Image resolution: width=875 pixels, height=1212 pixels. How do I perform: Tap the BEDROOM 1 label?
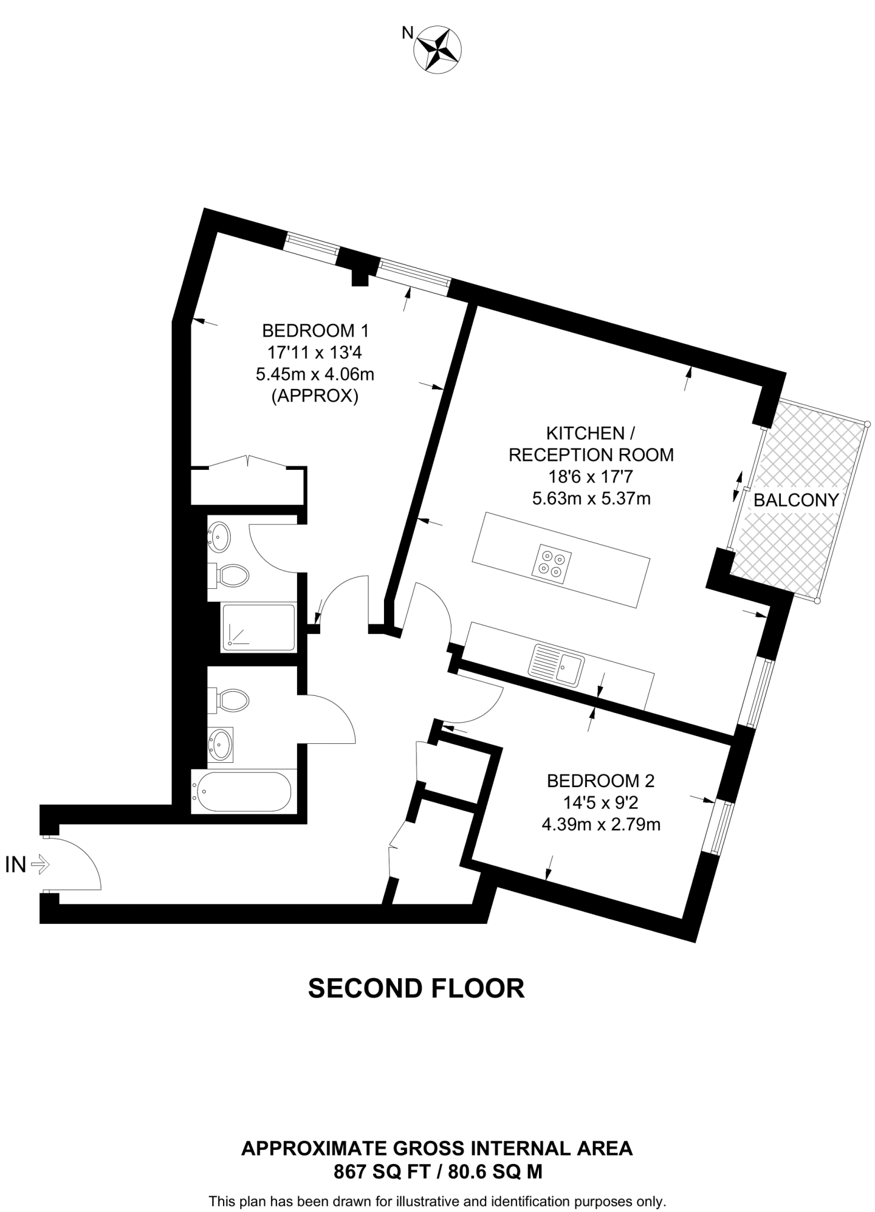pos(315,330)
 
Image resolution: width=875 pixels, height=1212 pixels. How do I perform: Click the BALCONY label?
pos(796,500)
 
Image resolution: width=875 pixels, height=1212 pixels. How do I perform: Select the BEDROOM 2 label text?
pos(600,781)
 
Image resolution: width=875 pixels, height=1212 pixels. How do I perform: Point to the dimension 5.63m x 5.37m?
pos(591,498)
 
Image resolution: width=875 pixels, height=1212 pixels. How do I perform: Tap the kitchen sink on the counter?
pos(557,664)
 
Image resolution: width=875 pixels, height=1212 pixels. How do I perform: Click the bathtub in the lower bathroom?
pos(243,792)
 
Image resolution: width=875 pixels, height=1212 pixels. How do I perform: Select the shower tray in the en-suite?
pos(258,628)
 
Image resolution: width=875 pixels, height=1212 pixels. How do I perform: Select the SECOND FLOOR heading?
pos(416,988)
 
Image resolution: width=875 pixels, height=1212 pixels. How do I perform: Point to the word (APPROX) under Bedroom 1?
pos(315,396)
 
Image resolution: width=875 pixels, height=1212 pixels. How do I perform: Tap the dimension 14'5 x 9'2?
pos(600,802)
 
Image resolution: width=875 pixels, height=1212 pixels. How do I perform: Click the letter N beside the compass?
pos(407,33)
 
